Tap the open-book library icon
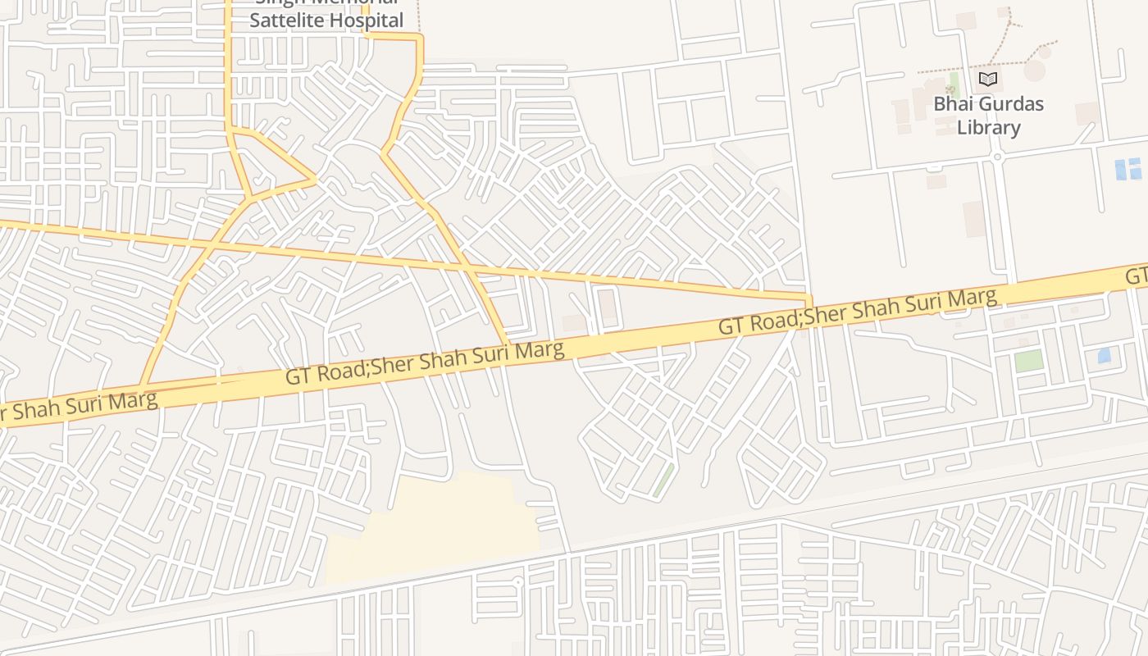(988, 79)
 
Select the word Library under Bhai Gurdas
(989, 128)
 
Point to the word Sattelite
(286, 20)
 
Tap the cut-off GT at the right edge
(1137, 276)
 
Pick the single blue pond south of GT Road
(1104, 355)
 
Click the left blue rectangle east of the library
(1121, 168)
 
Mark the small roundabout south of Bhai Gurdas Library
(997, 156)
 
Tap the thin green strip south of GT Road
(663, 480)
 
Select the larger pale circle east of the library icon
(1035, 71)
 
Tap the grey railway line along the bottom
(574, 552)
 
